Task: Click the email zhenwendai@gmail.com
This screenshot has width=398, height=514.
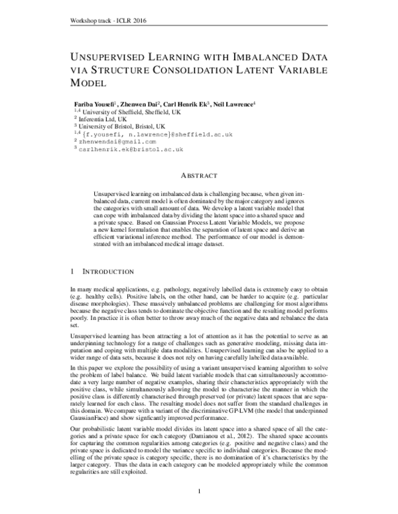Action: coord(117,141)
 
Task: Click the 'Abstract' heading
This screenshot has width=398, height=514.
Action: coord(198,175)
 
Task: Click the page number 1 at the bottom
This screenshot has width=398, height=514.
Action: coord(199,491)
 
